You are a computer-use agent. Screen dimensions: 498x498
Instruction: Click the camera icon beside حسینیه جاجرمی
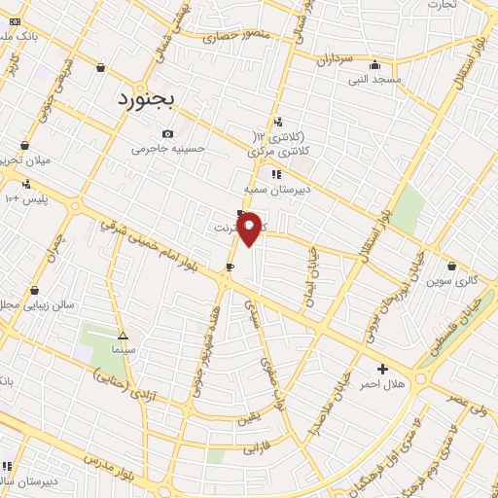[x=168, y=133]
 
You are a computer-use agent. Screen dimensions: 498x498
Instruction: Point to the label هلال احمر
[x=381, y=384]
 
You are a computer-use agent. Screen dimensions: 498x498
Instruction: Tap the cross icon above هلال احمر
[x=382, y=369]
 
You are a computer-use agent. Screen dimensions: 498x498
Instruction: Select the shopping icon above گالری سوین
[x=452, y=266]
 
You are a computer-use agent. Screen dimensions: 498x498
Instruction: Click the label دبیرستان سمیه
[x=276, y=190]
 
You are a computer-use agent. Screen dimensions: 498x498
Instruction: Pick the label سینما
[x=123, y=347]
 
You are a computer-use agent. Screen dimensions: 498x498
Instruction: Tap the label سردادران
[x=334, y=58]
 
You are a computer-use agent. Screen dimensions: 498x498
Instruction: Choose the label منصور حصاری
[x=234, y=37]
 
